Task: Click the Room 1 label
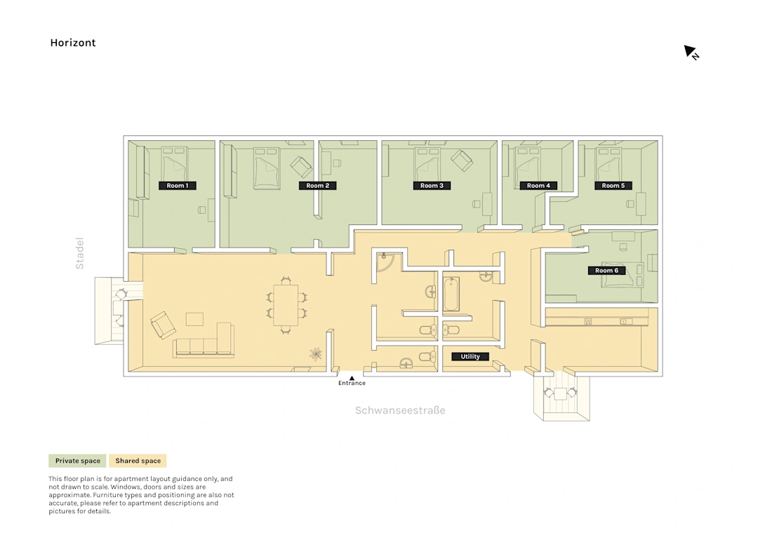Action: [178, 185]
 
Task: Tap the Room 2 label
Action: [318, 185]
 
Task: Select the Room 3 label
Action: [432, 185]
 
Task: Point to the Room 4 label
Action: [538, 185]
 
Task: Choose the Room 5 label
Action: [613, 185]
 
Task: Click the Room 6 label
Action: [606, 271]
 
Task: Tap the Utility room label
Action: [470, 356]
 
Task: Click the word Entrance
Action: [352, 383]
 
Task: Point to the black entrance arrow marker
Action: [352, 378]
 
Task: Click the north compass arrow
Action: [690, 51]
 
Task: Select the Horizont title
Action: [73, 43]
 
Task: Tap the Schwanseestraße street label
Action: [400, 410]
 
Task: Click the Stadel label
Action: [80, 253]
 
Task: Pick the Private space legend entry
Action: [78, 461]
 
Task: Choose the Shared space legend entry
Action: [138, 461]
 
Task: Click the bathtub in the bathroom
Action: [451, 294]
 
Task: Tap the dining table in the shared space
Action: [286, 305]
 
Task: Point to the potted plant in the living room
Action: [316, 354]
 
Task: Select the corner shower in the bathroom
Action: [385, 262]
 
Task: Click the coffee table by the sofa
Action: [195, 319]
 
